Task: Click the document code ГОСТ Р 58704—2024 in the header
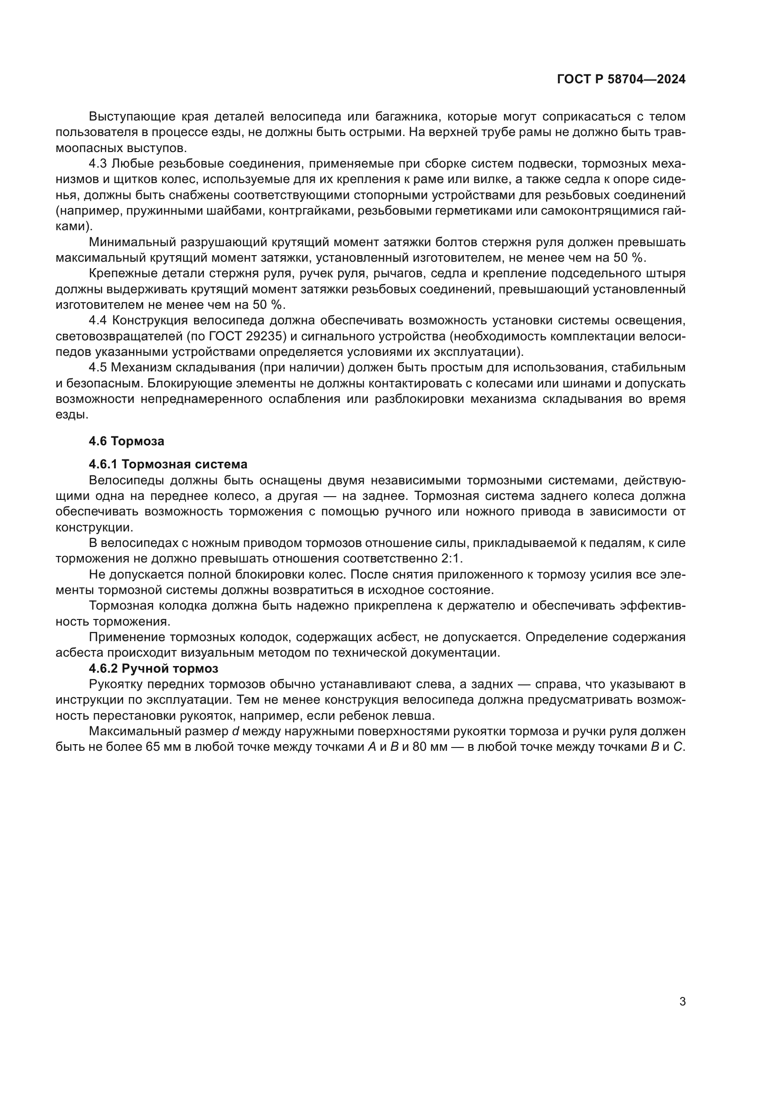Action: tap(621, 79)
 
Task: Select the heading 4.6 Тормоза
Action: tap(127, 441)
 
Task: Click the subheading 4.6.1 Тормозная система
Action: tap(168, 464)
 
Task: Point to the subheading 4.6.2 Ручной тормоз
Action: tap(154, 668)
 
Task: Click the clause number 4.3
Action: tap(97, 164)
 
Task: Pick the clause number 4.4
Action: tap(97, 321)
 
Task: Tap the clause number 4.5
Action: tap(97, 368)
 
